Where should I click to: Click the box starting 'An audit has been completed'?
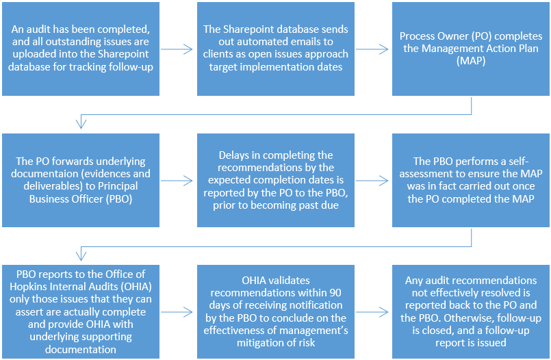81,49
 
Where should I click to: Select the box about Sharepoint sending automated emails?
275,49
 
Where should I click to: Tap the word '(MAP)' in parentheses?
469,60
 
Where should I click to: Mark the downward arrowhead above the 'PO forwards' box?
81,124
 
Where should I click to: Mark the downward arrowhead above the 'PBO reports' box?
81,255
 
